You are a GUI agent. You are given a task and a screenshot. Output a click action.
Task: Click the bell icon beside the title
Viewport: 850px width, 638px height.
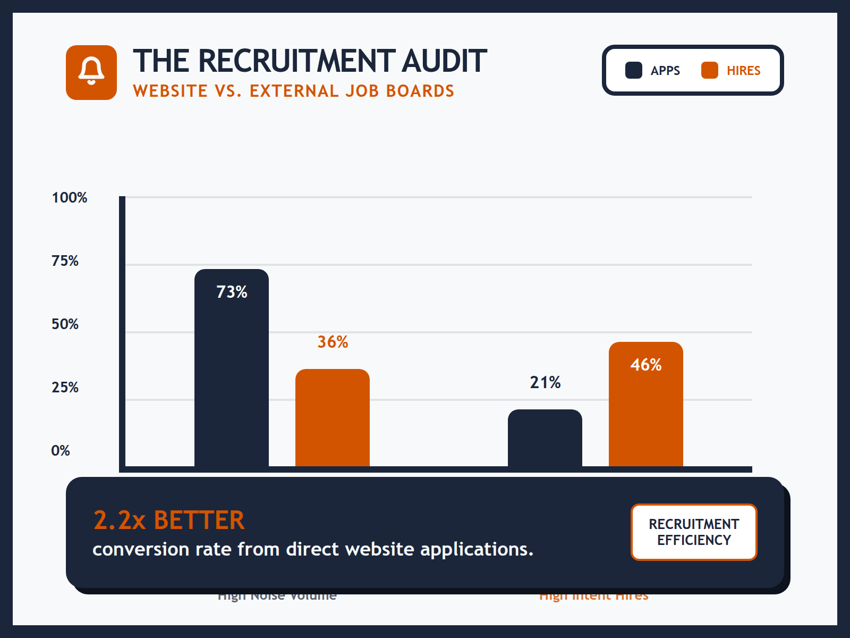point(91,72)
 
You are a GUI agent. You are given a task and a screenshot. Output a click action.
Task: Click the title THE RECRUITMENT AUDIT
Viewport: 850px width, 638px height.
point(309,61)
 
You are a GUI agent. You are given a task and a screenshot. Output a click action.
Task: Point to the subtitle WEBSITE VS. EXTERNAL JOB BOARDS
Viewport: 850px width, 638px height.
point(293,91)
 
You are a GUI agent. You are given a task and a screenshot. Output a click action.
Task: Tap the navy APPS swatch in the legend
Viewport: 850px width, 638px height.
point(633,70)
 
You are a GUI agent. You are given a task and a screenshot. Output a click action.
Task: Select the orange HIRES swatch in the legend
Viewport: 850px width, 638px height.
point(709,70)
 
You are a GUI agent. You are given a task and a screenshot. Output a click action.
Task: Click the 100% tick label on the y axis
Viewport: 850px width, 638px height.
point(69,198)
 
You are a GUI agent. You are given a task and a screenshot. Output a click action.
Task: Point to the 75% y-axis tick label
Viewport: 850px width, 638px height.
point(65,261)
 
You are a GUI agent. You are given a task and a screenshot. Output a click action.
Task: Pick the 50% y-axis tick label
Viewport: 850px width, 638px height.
point(65,324)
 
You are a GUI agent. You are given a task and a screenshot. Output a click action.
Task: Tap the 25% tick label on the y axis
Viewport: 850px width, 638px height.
point(65,388)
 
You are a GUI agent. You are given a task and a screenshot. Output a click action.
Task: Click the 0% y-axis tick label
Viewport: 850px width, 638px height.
point(61,451)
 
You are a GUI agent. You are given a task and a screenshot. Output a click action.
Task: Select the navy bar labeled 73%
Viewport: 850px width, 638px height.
point(232,372)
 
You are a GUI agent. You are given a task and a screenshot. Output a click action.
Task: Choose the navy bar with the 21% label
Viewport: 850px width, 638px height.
point(545,438)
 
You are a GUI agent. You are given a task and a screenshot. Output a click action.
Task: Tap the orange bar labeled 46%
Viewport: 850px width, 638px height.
point(646,409)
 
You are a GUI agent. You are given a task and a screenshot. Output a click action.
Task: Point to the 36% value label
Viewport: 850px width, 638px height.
point(333,342)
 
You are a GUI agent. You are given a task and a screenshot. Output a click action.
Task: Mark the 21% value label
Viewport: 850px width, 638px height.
point(545,382)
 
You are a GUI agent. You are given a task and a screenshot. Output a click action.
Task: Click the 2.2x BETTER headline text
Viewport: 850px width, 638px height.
point(169,520)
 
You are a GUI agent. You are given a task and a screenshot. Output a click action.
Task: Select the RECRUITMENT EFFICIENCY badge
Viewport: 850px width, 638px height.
point(694,532)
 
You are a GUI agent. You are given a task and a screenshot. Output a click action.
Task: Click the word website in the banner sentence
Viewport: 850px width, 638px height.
point(379,549)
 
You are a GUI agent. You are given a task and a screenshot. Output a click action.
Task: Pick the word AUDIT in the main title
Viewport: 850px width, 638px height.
point(444,61)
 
